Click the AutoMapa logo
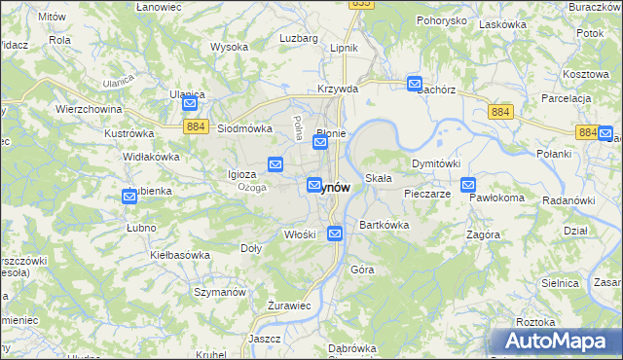(558, 341)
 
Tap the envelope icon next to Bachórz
(414, 85)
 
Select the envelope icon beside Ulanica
(190, 104)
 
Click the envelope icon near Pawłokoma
(468, 185)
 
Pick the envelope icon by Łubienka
(129, 197)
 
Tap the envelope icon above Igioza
(275, 164)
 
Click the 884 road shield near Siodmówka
(194, 126)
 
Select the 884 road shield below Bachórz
(500, 113)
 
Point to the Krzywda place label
(338, 89)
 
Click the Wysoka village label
(229, 47)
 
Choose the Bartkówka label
(384, 225)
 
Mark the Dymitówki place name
(435, 163)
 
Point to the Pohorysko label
(442, 20)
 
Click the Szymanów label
(218, 291)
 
